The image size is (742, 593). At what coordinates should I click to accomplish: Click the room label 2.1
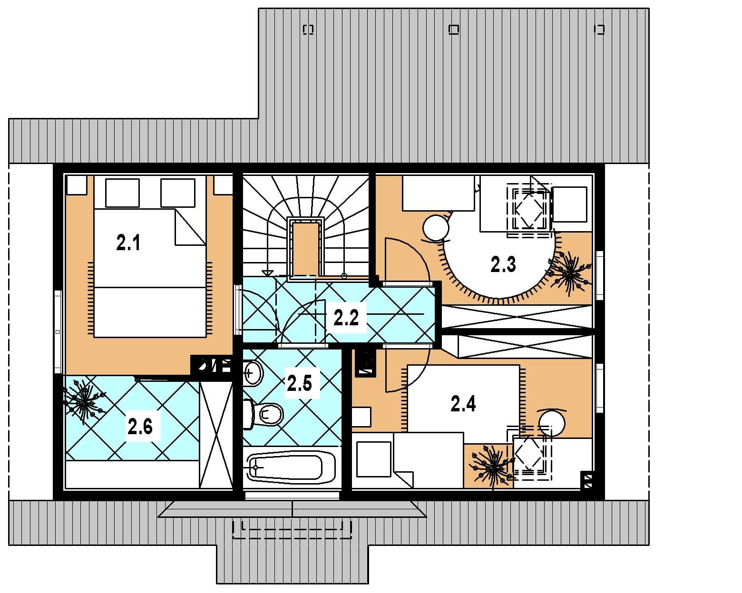(x=128, y=243)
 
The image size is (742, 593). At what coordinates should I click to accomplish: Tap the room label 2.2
(x=346, y=317)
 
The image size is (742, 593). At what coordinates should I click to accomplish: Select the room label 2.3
(x=503, y=264)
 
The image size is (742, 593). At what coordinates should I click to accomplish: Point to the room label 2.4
(x=463, y=404)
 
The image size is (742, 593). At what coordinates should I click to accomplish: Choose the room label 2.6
(x=140, y=427)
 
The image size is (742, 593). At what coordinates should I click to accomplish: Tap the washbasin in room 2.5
(x=254, y=372)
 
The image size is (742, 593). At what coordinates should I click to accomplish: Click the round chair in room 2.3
(x=436, y=228)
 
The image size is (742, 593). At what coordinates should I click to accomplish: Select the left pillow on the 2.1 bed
(x=122, y=193)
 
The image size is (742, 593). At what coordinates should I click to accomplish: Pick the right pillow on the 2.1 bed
(x=177, y=193)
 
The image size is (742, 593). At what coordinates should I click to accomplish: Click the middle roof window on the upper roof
(x=454, y=29)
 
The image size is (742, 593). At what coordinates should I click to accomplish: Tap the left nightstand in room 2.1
(x=76, y=185)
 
